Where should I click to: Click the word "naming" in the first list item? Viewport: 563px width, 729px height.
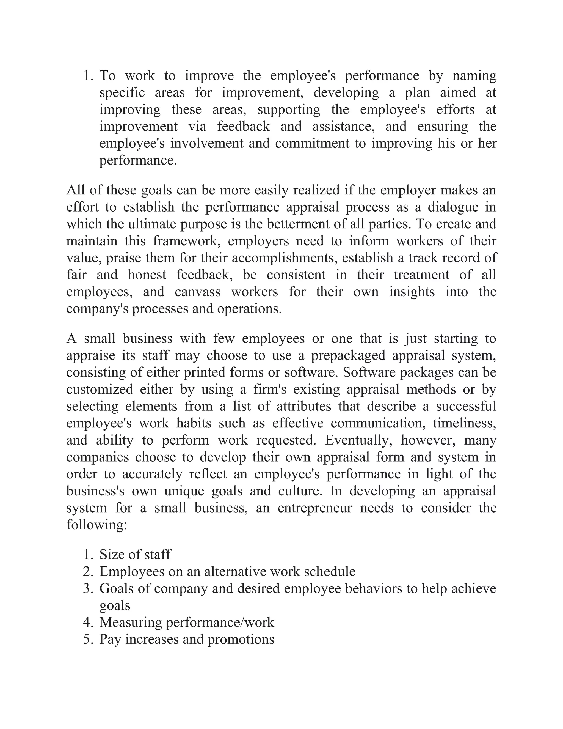pyautogui.click(x=474, y=76)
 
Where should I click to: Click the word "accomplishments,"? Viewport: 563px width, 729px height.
pyautogui.click(x=285, y=258)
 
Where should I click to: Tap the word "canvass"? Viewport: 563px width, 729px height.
pyautogui.click(x=197, y=292)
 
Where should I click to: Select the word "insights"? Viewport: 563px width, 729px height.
pyautogui.click(x=412, y=292)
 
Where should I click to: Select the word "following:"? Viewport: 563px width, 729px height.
pyautogui.click(x=97, y=525)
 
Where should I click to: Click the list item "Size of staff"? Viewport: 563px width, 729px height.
pyautogui.click(x=135, y=555)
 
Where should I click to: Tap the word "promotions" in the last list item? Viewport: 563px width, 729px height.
pyautogui.click(x=241, y=640)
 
